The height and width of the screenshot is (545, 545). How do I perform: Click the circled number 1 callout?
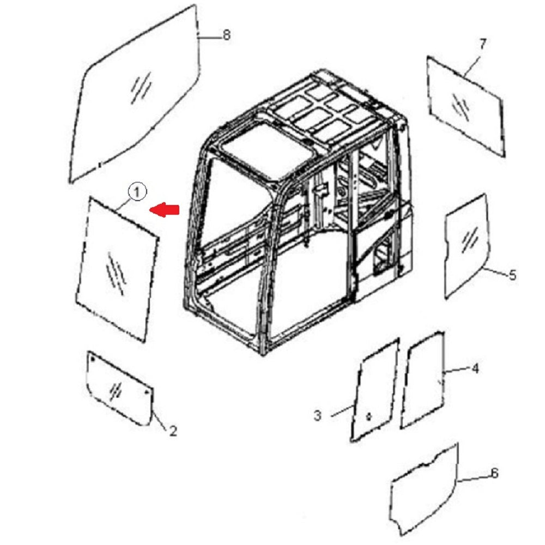(x=137, y=191)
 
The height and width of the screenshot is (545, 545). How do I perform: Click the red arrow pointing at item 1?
(x=164, y=210)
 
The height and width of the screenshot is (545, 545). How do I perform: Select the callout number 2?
(x=173, y=431)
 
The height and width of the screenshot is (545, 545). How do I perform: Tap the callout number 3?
(x=317, y=415)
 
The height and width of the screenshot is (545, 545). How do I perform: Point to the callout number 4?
(x=475, y=368)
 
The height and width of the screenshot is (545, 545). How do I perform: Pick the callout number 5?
(x=512, y=275)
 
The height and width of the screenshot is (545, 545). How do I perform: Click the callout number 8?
(x=226, y=35)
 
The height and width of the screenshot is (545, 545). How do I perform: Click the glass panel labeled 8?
(x=136, y=94)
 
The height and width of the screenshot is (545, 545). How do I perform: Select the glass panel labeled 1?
(x=117, y=269)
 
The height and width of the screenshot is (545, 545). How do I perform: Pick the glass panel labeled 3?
(x=375, y=390)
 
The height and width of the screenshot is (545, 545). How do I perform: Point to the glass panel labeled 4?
(x=423, y=380)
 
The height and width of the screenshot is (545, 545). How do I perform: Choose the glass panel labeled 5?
(x=467, y=246)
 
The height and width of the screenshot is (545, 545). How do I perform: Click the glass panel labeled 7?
(x=466, y=106)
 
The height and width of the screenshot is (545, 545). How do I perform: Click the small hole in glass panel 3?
(x=369, y=416)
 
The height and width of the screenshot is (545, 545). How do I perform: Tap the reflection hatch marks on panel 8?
(x=141, y=88)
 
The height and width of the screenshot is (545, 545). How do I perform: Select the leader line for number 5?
(x=495, y=271)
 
